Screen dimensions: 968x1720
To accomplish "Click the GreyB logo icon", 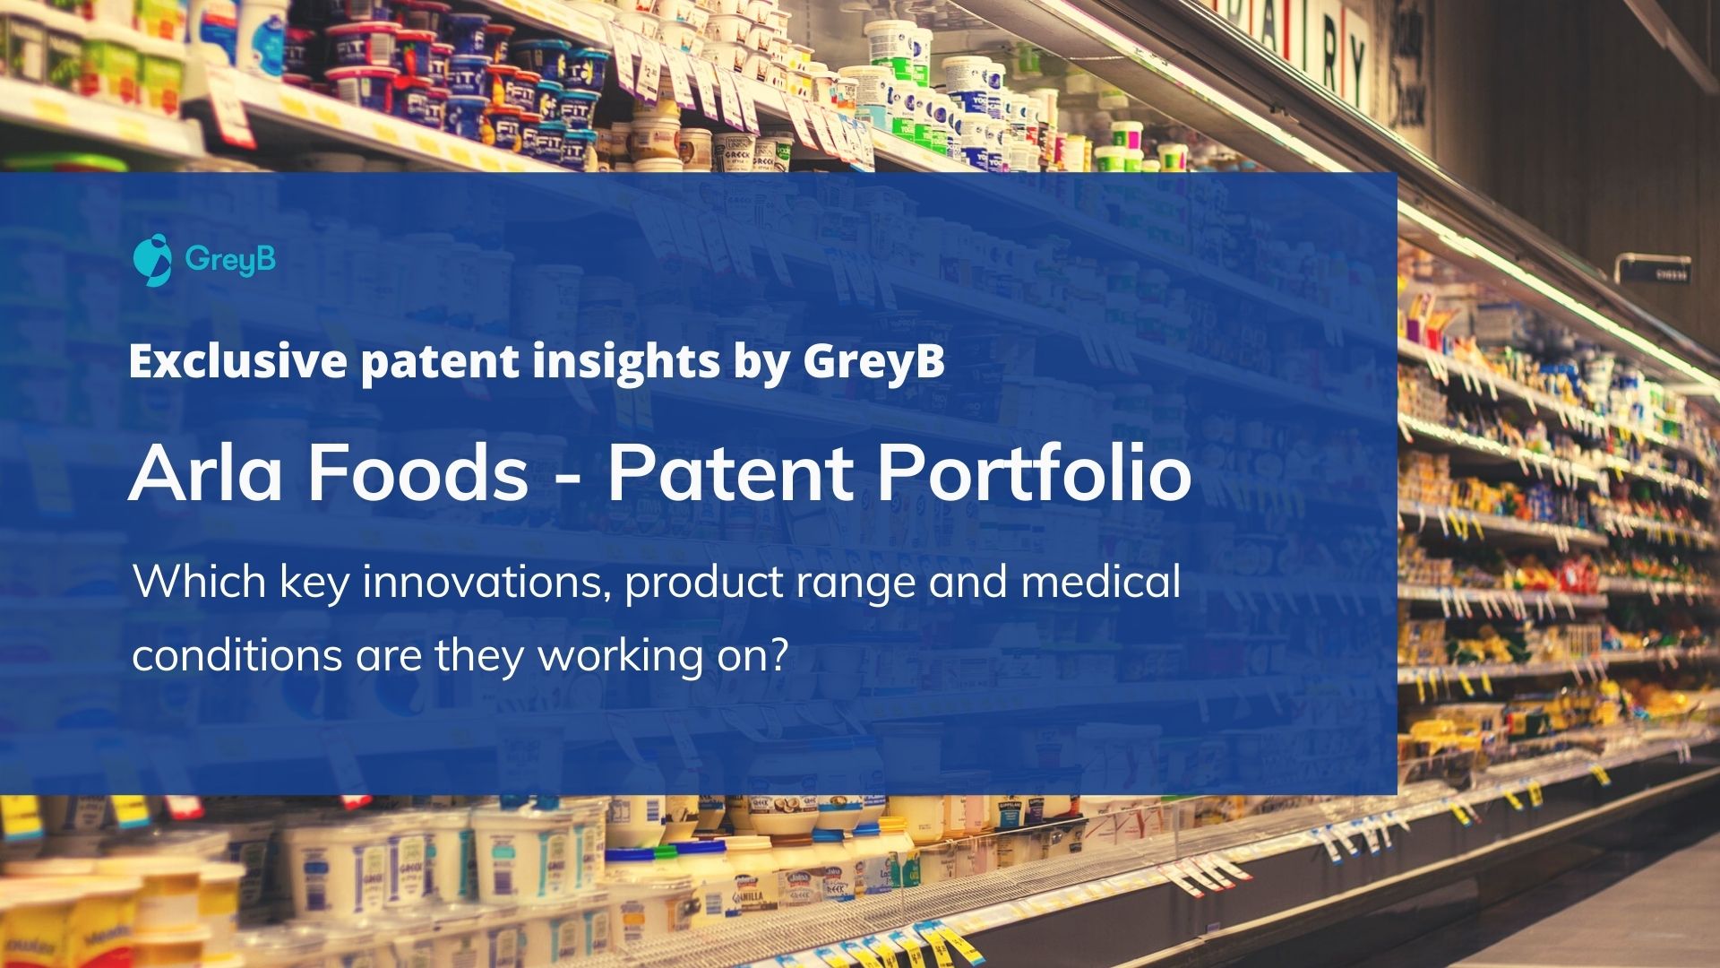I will coord(152,260).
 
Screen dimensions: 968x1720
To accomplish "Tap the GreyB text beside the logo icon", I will coord(230,260).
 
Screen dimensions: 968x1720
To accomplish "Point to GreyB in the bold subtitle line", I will coord(873,362).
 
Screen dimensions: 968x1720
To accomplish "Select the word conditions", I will coord(236,655).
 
